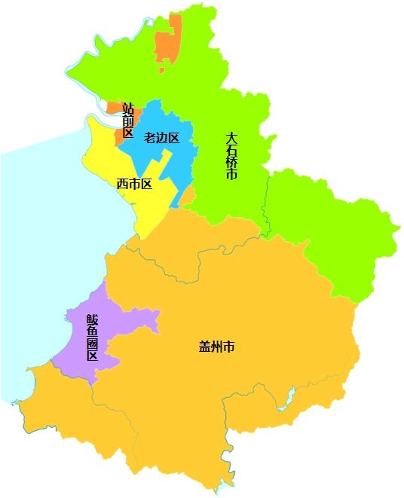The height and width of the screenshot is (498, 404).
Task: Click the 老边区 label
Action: [162, 137]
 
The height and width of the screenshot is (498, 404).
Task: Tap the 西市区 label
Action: [134, 183]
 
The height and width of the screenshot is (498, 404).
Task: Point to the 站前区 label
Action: [128, 120]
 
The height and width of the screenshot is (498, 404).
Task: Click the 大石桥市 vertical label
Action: [232, 156]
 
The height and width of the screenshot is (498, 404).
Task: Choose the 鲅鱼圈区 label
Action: [92, 337]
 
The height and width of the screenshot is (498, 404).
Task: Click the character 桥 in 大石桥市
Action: [232, 162]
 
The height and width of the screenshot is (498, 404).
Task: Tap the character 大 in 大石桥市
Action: [232, 138]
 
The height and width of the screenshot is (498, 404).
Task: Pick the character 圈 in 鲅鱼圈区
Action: [92, 343]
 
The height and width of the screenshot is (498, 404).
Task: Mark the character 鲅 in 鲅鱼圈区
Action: [92, 319]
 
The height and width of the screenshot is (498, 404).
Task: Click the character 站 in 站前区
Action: [128, 108]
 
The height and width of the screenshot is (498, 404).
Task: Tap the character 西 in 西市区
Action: [122, 183]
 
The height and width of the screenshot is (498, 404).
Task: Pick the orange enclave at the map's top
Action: [168, 45]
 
